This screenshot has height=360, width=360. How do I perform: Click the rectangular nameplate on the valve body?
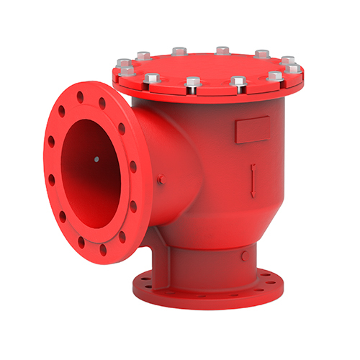coord(251,130)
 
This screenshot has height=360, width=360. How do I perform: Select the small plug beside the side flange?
coord(161,179)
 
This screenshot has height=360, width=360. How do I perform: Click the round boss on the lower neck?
coord(245,255)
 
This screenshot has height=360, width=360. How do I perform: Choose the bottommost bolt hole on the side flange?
coord(103,251)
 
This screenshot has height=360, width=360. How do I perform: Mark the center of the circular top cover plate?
coord(209,65)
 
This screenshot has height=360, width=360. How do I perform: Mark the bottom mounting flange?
coord(209,292)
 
